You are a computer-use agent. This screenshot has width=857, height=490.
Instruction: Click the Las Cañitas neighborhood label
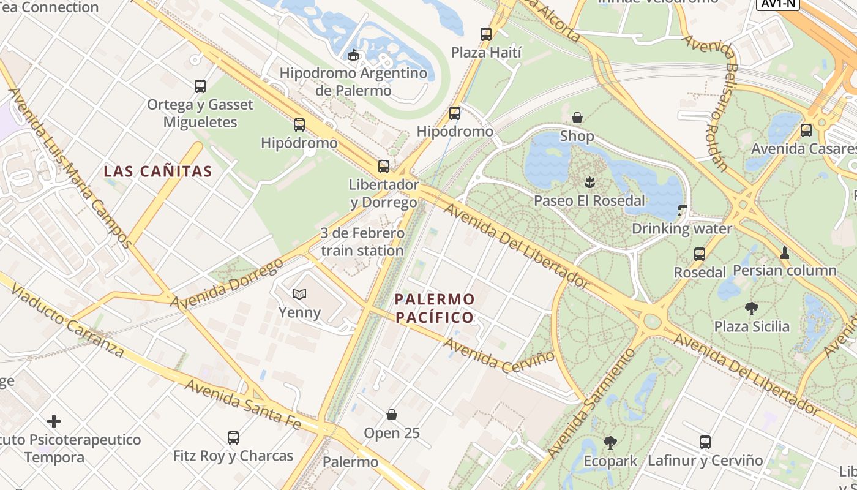[158, 171]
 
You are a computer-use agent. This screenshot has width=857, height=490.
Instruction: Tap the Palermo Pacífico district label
[435, 308]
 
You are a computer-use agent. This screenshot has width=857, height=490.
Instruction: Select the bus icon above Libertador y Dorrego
[384, 166]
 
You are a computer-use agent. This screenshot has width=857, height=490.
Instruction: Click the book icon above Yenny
[299, 295]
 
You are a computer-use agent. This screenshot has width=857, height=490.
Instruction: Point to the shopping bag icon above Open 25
[392, 415]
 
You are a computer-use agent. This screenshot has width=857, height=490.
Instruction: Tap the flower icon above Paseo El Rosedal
[589, 182]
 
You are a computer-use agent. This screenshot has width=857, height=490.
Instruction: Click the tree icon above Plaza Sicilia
[752, 308]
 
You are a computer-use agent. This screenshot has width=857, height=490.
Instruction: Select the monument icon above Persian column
[785, 252]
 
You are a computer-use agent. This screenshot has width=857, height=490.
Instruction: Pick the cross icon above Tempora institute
[54, 421]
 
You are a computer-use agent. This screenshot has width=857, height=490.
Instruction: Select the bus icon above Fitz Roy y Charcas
[233, 438]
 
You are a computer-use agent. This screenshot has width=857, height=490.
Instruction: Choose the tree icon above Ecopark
[610, 442]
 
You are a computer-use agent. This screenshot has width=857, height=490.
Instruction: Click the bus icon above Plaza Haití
[486, 34]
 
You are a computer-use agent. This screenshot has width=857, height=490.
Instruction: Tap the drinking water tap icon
[683, 211]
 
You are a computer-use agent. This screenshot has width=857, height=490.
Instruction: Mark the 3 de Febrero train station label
[362, 242]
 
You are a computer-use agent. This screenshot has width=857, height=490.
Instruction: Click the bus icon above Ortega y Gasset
[200, 86]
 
